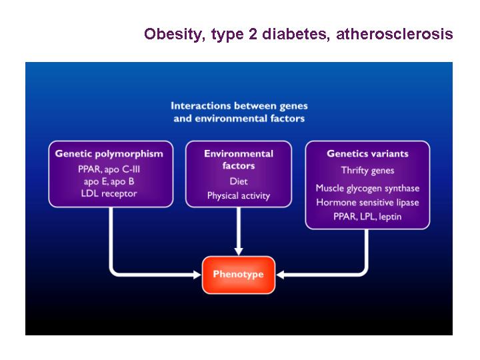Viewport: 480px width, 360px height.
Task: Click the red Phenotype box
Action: point(239,275)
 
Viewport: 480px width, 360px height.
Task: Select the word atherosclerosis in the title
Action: point(395,34)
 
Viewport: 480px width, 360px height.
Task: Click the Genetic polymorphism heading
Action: point(109,154)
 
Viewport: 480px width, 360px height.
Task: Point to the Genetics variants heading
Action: point(367,153)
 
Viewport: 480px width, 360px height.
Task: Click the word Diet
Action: point(239,181)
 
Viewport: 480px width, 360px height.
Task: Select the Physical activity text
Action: point(239,196)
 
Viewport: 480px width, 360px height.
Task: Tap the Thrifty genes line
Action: point(367,170)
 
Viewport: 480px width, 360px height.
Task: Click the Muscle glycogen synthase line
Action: point(367,188)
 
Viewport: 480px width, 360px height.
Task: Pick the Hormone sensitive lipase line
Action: point(367,203)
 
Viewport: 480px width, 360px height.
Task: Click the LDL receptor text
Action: point(109,193)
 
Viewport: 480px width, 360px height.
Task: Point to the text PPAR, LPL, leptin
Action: point(367,217)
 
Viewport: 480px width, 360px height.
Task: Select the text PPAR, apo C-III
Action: point(109,169)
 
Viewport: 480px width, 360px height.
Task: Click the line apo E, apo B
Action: point(109,181)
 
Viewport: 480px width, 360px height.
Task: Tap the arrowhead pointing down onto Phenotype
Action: point(239,251)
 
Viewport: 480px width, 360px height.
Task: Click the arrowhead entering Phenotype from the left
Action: point(197,275)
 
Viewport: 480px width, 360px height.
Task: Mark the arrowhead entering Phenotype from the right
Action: point(280,275)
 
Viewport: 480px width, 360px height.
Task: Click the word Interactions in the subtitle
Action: point(201,105)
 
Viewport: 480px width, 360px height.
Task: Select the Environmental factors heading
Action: point(239,159)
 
